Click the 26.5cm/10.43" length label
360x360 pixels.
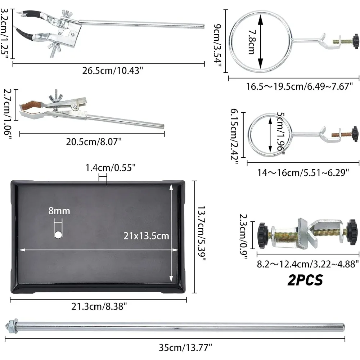(x=113, y=70)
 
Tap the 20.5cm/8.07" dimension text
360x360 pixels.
(x=94, y=141)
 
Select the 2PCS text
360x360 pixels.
(x=305, y=280)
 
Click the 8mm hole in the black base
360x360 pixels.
(x=58, y=235)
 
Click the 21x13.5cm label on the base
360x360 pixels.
(x=146, y=236)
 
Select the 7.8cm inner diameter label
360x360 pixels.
(x=251, y=42)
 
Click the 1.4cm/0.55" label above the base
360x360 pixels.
(x=110, y=167)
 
